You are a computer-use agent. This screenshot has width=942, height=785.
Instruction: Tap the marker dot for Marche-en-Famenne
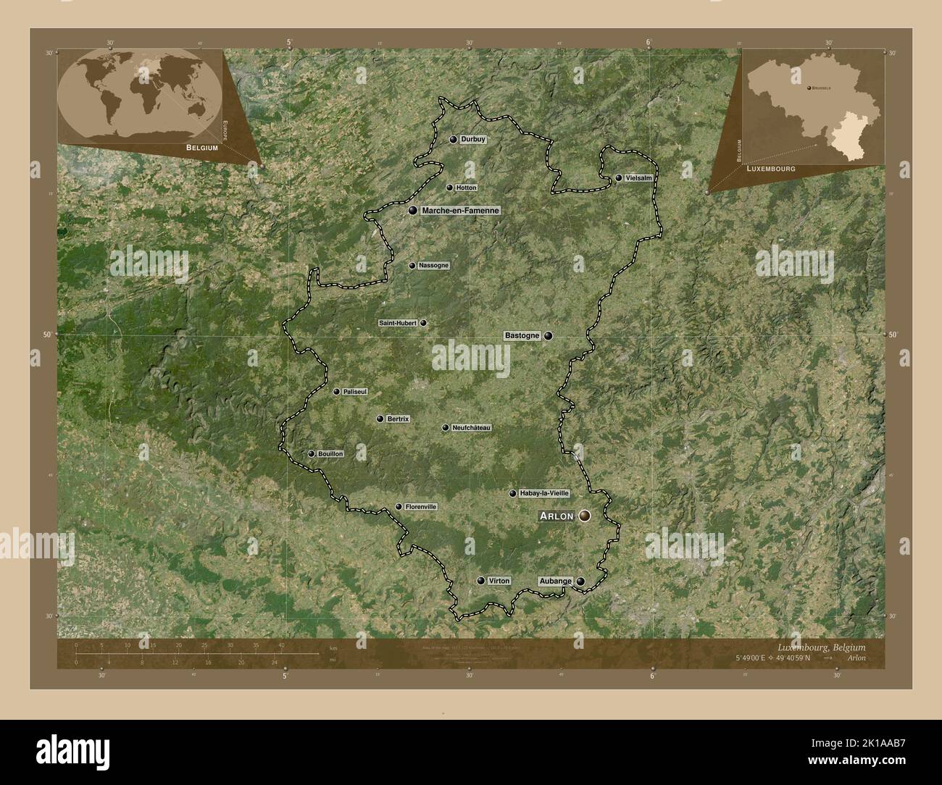point(413,211)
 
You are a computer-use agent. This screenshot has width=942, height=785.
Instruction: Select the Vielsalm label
point(638,177)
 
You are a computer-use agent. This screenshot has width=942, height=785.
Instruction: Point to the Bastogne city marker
point(549,336)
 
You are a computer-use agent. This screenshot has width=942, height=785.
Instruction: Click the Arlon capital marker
point(585,516)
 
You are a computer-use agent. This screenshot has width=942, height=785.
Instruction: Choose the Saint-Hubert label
point(398,323)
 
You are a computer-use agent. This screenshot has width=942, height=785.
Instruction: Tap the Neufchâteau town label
point(471,428)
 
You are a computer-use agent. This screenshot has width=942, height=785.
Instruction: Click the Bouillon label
point(330,454)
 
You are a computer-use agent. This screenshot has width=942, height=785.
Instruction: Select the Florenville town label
point(421,507)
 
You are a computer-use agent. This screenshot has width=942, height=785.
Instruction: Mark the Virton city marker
point(480,581)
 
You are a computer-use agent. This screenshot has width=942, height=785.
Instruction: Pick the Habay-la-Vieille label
point(544,493)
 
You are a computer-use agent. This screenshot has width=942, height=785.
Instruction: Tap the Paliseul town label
point(355,392)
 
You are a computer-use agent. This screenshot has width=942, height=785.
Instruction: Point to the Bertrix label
point(398,419)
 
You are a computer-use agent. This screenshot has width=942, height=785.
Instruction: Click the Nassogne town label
point(433,266)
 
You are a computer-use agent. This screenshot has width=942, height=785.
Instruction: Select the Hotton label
point(467,188)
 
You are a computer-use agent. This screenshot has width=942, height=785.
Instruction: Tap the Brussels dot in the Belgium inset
point(808,86)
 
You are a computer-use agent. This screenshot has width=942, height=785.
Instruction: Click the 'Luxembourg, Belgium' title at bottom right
point(821,647)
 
